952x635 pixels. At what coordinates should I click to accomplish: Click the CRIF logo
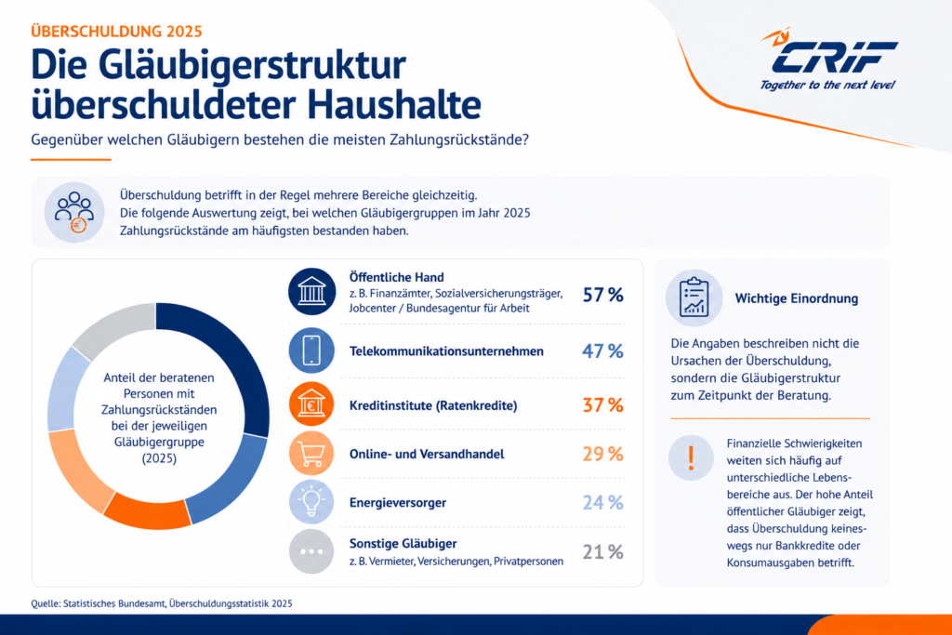coord(828,59)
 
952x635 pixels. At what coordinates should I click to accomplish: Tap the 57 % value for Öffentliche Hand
coord(602,295)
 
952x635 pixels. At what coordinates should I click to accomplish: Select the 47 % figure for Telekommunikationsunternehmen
coord(602,351)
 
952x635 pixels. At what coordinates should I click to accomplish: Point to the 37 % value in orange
coord(602,405)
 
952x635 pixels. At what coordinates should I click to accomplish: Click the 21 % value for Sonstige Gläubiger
coord(602,552)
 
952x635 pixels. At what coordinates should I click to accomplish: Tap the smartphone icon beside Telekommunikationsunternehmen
coord(311,351)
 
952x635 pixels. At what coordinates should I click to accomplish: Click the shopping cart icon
coord(311,454)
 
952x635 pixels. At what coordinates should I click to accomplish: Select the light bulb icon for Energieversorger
coord(311,502)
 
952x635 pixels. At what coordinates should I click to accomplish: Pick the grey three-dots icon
coord(311,552)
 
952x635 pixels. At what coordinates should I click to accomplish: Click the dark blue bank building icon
coord(312,291)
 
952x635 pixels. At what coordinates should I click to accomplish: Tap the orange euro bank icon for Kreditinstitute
coord(311,404)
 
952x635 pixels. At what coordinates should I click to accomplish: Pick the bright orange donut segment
coord(148,511)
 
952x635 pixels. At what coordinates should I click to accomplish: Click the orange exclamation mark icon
coord(691,457)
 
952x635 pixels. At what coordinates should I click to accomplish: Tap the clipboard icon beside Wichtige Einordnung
coord(694,298)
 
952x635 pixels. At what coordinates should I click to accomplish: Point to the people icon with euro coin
coord(74,213)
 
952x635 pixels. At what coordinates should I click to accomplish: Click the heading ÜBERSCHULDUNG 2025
coord(116,32)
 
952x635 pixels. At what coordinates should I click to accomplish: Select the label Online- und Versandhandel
coord(426,454)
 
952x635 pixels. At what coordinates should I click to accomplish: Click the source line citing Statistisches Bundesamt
coord(162,603)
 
